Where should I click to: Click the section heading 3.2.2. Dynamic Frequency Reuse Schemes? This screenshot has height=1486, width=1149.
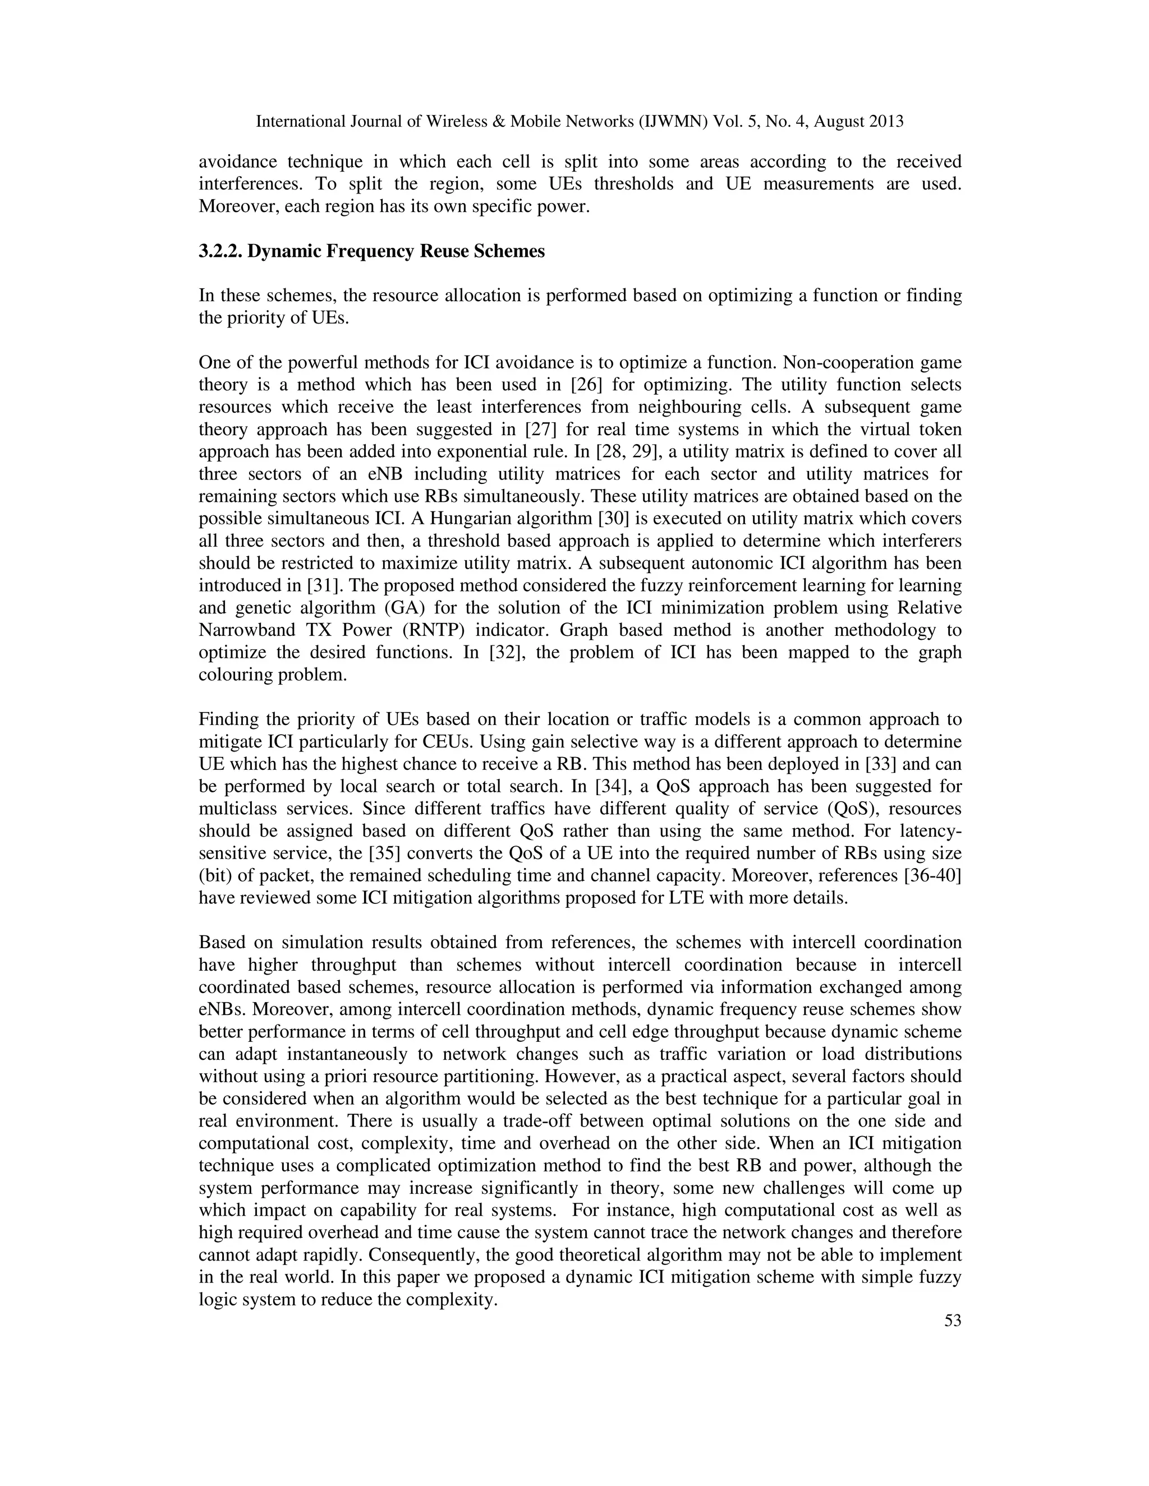(x=371, y=252)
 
